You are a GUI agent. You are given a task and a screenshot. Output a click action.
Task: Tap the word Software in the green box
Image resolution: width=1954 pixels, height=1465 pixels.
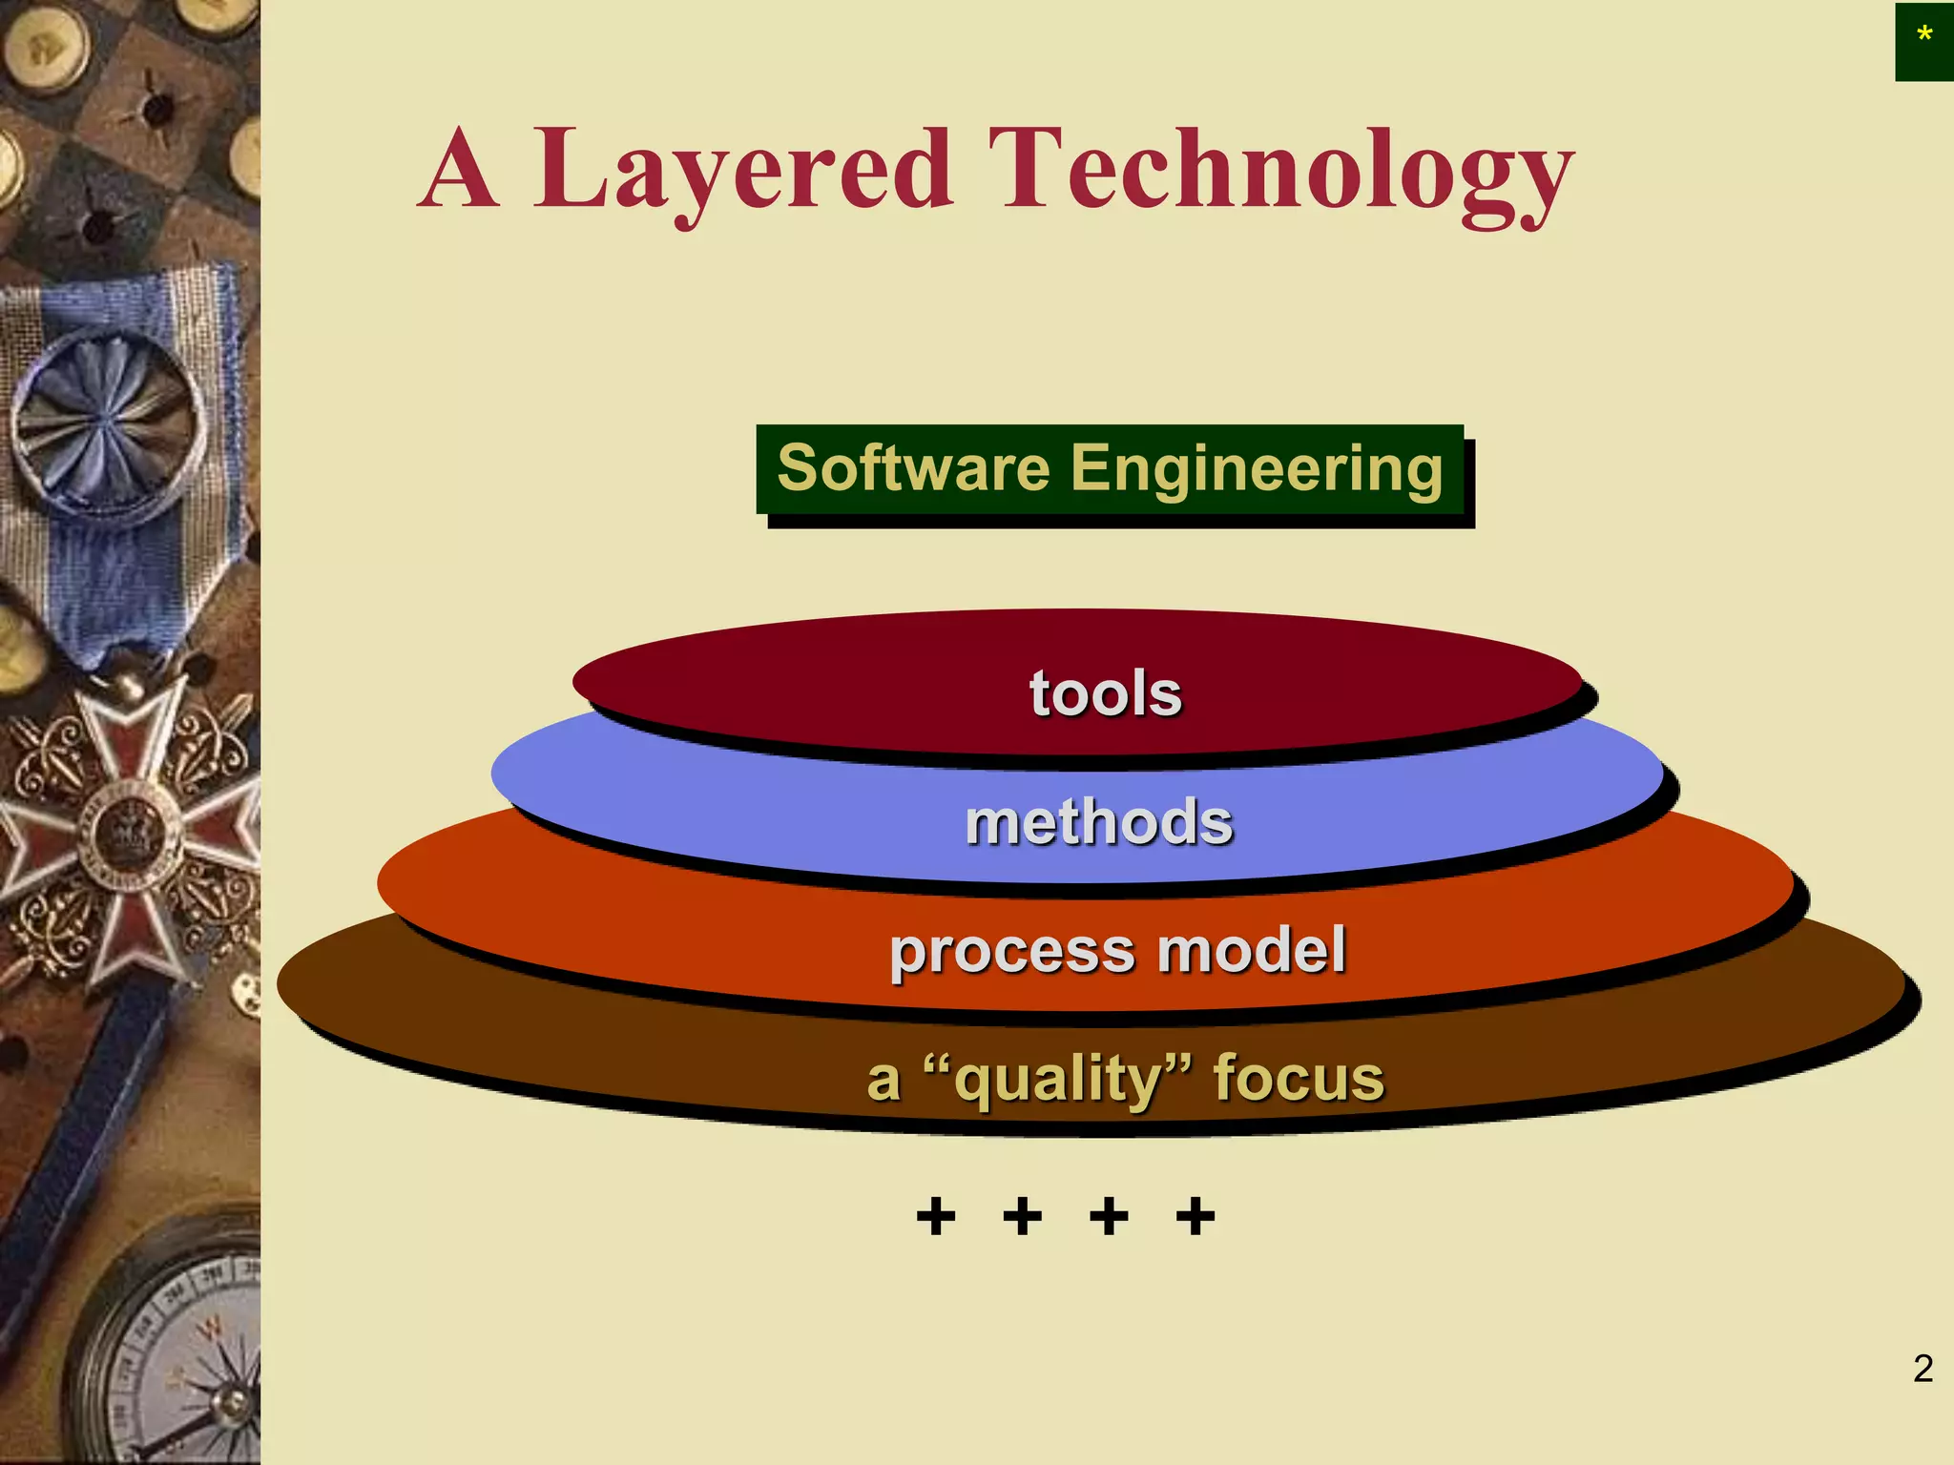click(x=913, y=468)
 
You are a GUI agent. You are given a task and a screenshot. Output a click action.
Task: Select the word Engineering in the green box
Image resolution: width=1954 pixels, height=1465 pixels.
click(x=1257, y=470)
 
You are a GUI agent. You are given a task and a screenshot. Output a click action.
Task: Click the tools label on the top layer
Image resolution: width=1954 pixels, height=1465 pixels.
click(x=1105, y=692)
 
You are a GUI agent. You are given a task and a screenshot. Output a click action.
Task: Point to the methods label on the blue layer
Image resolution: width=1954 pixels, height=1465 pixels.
click(x=1099, y=822)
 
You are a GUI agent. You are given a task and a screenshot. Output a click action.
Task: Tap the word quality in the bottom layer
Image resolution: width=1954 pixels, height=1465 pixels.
click(x=1060, y=1080)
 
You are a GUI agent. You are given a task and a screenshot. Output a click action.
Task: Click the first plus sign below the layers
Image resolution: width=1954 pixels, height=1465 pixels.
click(x=935, y=1216)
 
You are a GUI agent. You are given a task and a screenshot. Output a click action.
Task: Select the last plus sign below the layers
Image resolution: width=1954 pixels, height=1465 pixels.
click(x=1195, y=1216)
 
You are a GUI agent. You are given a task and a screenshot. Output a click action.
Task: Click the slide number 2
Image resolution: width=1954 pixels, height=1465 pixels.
click(x=1923, y=1369)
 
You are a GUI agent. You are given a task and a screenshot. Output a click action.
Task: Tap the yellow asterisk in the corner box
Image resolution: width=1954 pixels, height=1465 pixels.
click(x=1924, y=36)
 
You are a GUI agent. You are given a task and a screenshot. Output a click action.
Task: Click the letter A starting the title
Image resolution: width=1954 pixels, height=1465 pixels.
click(x=459, y=172)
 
